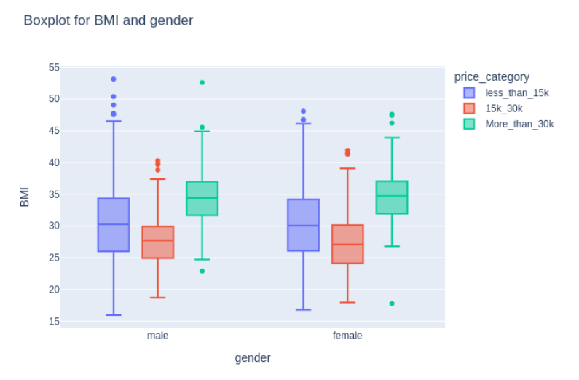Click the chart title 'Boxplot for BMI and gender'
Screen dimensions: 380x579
pos(108,20)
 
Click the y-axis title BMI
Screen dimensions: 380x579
pos(25,197)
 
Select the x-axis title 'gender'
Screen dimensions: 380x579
pos(253,357)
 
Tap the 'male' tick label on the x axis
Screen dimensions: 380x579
pos(157,336)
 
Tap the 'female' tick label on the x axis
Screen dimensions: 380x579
pos(347,336)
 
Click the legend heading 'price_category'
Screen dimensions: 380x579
pos(491,76)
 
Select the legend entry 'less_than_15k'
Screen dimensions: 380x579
pos(516,92)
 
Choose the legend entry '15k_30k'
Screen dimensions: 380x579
pos(503,108)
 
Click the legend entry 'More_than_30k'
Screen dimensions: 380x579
pos(519,124)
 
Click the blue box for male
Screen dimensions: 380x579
pos(114,224)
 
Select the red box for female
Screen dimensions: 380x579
pos(347,244)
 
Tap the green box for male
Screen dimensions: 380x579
pos(202,198)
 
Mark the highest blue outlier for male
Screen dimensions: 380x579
pos(114,79)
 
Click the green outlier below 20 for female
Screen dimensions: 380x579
pos(392,304)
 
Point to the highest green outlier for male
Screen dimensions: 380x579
pos(202,82)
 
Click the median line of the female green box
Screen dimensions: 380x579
pos(392,196)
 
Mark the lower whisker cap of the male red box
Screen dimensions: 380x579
pos(157,298)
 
